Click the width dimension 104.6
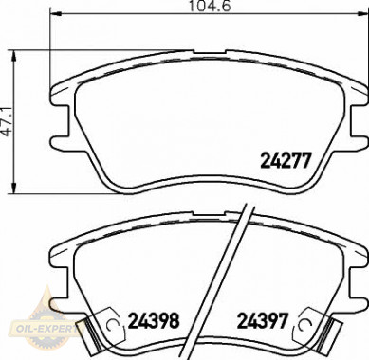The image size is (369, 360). (210, 6)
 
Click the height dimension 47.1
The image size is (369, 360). (8, 122)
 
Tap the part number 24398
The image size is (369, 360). (154, 320)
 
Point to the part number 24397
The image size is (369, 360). (263, 320)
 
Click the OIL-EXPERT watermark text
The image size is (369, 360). (43, 329)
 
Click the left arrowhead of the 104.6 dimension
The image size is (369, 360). (55, 13)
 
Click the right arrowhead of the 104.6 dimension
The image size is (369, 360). (362, 13)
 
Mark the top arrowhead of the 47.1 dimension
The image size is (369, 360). (13, 56)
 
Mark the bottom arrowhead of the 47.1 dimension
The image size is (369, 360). (13, 188)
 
